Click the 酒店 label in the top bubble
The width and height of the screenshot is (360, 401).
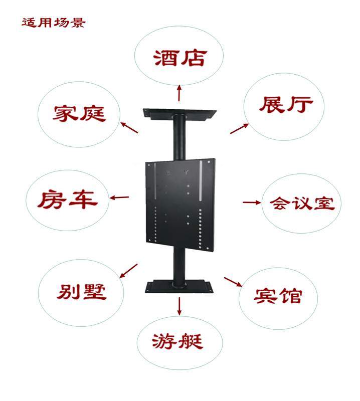pyautogui.click(x=179, y=58)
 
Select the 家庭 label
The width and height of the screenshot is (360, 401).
pyautogui.click(x=79, y=113)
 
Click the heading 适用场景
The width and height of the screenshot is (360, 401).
pyautogui.click(x=53, y=23)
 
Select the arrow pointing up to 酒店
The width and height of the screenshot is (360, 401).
pyautogui.click(x=179, y=93)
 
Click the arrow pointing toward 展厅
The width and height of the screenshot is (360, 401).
pyautogui.click(x=238, y=127)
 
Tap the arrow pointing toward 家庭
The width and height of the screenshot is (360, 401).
pyautogui.click(x=129, y=127)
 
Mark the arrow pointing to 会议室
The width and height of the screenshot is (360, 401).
pyautogui.click(x=252, y=202)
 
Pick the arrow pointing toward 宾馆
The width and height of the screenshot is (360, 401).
pyautogui.click(x=233, y=281)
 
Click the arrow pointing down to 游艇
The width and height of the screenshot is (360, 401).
pyautogui.click(x=179, y=306)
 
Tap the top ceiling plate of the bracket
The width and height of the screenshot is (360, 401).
pyautogui.click(x=179, y=112)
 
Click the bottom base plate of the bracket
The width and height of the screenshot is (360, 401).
pyautogui.click(x=179, y=286)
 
